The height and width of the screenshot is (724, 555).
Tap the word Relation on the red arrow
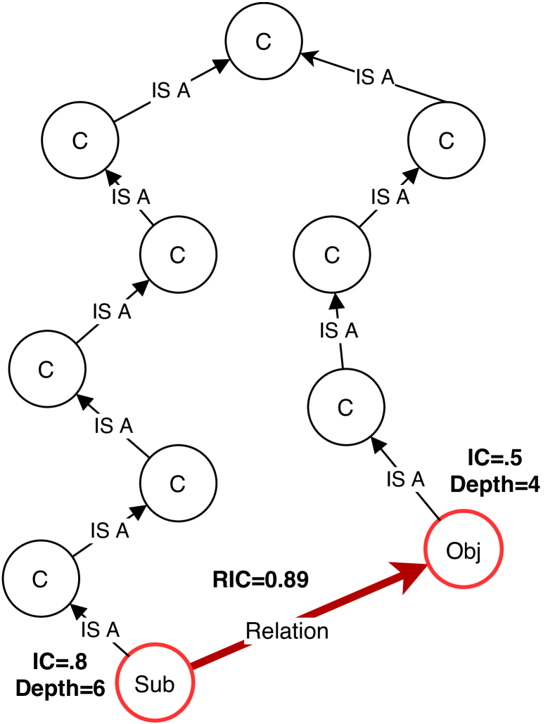click(287, 631)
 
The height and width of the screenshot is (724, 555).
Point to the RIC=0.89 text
click(260, 580)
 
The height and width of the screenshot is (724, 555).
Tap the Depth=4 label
click(495, 485)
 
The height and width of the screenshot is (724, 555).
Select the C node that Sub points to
click(40, 578)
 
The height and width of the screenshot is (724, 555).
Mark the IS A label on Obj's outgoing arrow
click(407, 479)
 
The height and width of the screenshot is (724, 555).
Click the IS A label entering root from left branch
click(171, 91)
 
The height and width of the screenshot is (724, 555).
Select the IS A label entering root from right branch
click(375, 77)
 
